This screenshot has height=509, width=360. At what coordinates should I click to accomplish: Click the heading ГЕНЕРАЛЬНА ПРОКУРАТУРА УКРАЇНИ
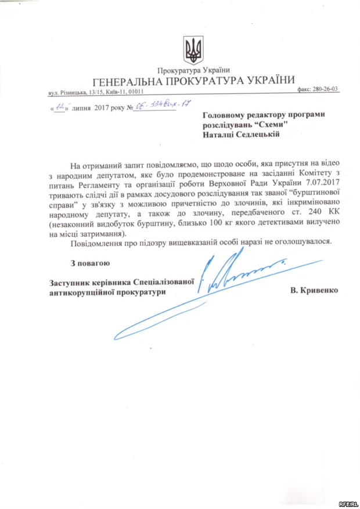(193, 80)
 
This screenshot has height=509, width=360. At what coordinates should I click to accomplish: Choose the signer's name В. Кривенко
(313, 290)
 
